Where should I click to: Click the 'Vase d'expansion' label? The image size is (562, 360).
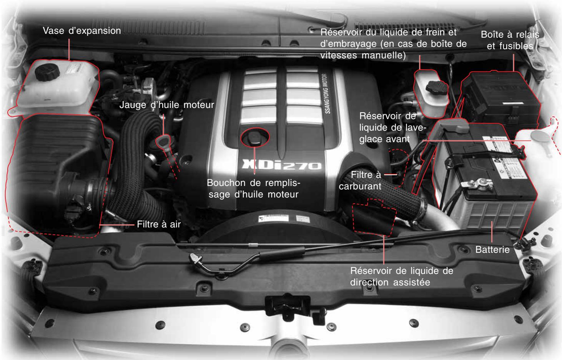click(x=81, y=31)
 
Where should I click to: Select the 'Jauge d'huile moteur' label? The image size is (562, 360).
click(x=166, y=105)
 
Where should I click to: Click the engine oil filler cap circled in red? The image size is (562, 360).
click(x=254, y=138)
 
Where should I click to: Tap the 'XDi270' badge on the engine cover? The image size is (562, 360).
click(x=280, y=166)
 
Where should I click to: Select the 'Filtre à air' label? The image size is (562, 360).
click(x=158, y=224)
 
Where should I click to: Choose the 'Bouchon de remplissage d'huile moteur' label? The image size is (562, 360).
click(x=253, y=188)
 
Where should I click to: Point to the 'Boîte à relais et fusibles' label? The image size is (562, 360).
click(x=510, y=40)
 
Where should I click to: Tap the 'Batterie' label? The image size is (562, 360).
click(x=492, y=250)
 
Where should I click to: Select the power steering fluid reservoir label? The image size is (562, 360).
click(x=402, y=276)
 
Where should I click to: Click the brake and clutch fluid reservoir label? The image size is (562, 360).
click(x=393, y=44)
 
